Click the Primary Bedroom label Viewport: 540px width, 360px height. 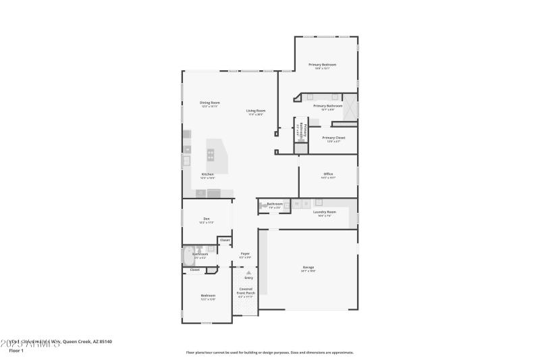[323, 65]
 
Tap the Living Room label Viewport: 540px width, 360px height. [255, 111]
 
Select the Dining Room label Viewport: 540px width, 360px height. [210, 103]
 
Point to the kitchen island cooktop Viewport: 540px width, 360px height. [211, 155]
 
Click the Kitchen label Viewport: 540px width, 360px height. [208, 175]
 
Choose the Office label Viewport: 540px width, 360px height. [328, 174]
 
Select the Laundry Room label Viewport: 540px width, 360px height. [324, 212]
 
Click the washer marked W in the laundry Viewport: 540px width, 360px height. [296, 203]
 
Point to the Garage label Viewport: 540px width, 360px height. [308, 268]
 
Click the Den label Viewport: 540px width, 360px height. [207, 219]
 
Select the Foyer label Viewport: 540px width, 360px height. [245, 254]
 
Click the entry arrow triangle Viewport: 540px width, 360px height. [248, 272]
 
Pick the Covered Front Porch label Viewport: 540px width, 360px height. [246, 292]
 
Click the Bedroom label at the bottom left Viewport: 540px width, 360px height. [208, 295]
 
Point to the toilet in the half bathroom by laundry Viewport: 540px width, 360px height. [261, 207]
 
